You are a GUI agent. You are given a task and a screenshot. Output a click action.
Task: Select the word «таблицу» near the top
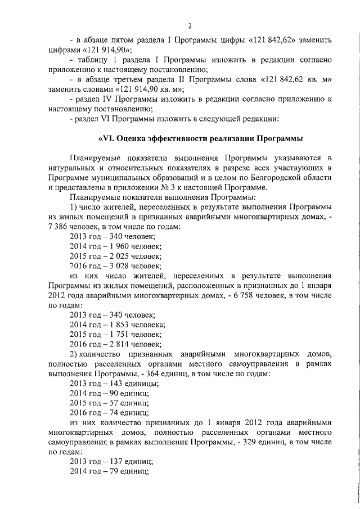pos(94,60)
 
